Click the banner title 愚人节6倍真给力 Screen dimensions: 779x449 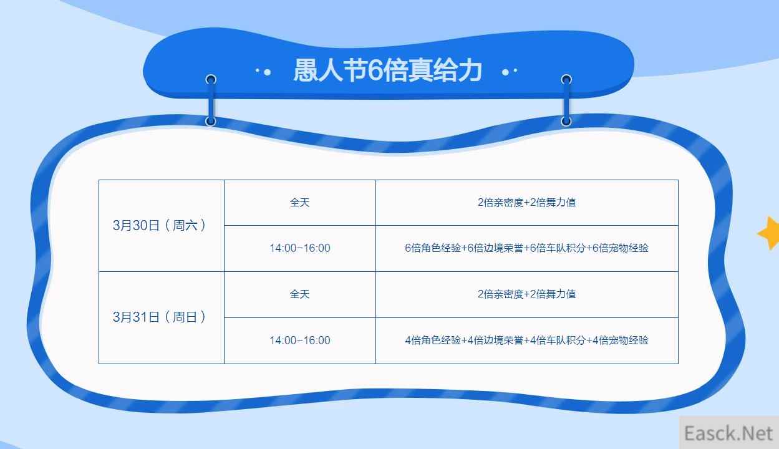coord(388,70)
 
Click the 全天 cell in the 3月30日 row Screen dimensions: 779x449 coord(300,203)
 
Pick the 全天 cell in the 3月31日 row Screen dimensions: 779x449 coord(300,294)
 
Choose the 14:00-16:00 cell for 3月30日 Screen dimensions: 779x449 coord(300,248)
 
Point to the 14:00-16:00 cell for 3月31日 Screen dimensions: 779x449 coord(300,340)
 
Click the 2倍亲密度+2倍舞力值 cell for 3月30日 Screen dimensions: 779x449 coord(527,203)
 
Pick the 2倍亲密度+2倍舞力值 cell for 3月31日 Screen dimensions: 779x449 coord(527,294)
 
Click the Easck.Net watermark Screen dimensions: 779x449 coord(728,433)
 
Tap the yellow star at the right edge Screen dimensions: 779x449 coord(769,233)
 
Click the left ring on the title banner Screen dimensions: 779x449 coord(211,80)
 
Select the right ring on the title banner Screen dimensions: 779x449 coord(566,80)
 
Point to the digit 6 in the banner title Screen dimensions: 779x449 coord(375,70)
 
